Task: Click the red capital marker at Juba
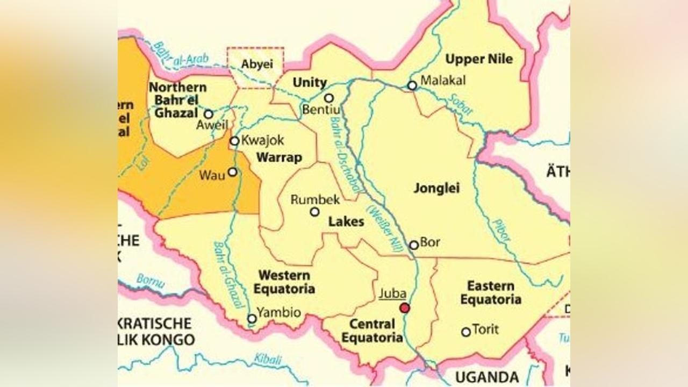[405, 308]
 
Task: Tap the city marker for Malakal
[412, 85]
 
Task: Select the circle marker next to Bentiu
[329, 98]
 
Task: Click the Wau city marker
[233, 172]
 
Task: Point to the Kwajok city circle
[234, 141]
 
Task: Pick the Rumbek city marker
[314, 212]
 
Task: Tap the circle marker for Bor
[414, 245]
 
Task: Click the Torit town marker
[466, 332]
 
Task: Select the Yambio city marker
[252, 319]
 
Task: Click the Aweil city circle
[209, 114]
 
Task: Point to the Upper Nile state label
[479, 59]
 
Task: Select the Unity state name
[309, 83]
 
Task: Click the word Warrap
[279, 158]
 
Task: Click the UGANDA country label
[487, 376]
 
